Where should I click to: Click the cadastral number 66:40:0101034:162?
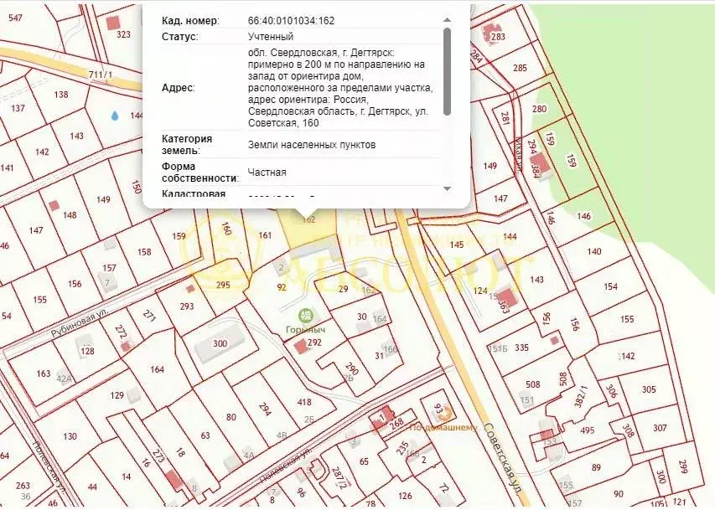(293, 20)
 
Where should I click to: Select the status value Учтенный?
(271, 37)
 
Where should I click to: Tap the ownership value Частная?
(267, 173)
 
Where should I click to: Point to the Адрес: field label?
(177, 87)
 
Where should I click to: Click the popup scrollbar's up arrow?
(447, 19)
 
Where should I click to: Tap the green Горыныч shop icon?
(307, 316)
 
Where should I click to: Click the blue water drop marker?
(115, 116)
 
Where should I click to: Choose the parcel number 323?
(124, 34)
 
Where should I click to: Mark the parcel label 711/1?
(100, 75)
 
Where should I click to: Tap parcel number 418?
(305, 402)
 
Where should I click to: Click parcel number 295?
(223, 286)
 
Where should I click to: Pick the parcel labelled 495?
(587, 430)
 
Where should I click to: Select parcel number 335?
(521, 347)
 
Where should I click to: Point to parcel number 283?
(498, 37)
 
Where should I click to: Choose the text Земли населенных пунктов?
(311, 145)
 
